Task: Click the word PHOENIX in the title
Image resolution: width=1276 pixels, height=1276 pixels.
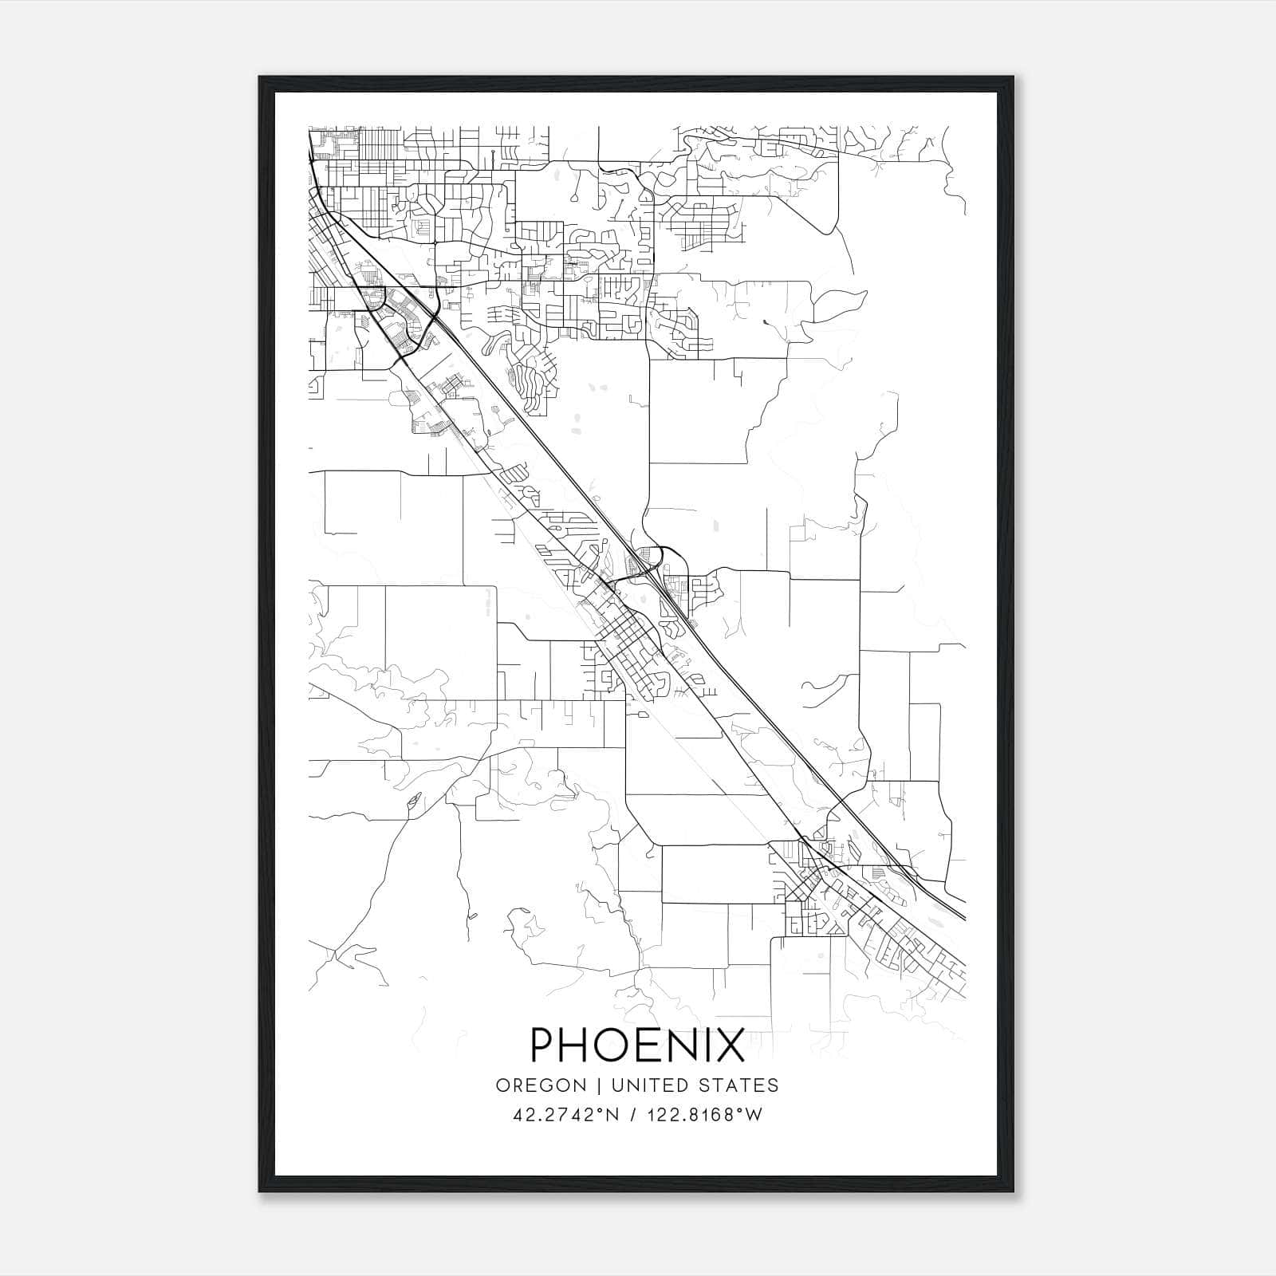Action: pos(637,1045)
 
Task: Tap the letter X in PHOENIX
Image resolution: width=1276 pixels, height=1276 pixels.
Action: pos(729,1045)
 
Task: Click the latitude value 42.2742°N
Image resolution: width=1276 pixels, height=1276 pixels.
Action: pos(566,1115)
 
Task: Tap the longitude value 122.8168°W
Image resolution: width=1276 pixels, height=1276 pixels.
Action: pos(703,1115)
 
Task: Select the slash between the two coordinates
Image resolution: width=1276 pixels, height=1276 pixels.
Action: pos(632,1115)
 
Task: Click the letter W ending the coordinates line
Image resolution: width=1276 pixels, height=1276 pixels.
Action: pos(754,1115)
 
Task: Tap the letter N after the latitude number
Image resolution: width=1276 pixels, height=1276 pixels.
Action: pos(612,1115)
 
